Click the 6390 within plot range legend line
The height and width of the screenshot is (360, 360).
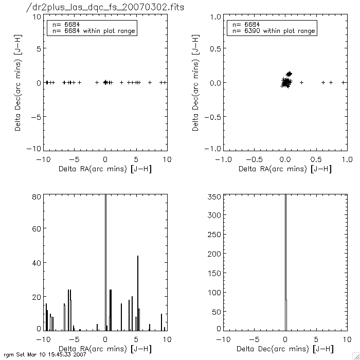click(273, 31)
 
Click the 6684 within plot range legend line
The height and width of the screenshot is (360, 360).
click(93, 31)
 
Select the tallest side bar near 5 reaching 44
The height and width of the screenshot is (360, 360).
click(138, 293)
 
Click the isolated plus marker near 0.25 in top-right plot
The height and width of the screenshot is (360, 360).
click(302, 82)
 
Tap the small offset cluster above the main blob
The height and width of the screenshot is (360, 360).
click(289, 74)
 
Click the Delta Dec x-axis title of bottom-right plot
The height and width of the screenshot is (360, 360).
click(285, 349)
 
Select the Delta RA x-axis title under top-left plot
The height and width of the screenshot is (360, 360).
click(105, 169)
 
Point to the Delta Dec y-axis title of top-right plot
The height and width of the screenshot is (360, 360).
click(196, 82)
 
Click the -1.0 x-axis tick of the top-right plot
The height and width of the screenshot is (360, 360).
click(223, 159)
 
